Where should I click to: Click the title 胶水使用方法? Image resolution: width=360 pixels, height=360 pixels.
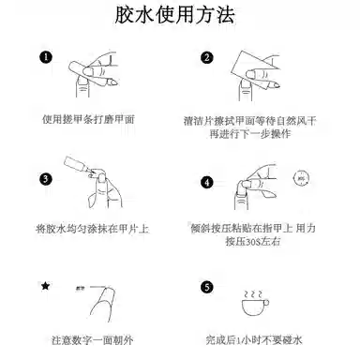pos(179,17)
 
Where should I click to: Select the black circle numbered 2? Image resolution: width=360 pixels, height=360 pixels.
pos(207,57)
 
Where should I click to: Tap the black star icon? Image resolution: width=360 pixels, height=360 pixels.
pos(44,284)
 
